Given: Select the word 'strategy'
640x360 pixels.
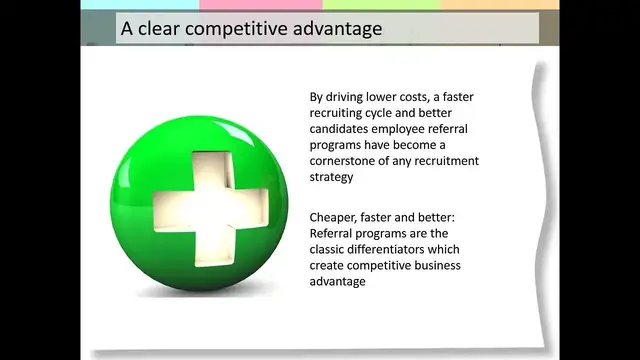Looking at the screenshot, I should click(332, 177).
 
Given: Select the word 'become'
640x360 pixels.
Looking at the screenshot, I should click(435, 145).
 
